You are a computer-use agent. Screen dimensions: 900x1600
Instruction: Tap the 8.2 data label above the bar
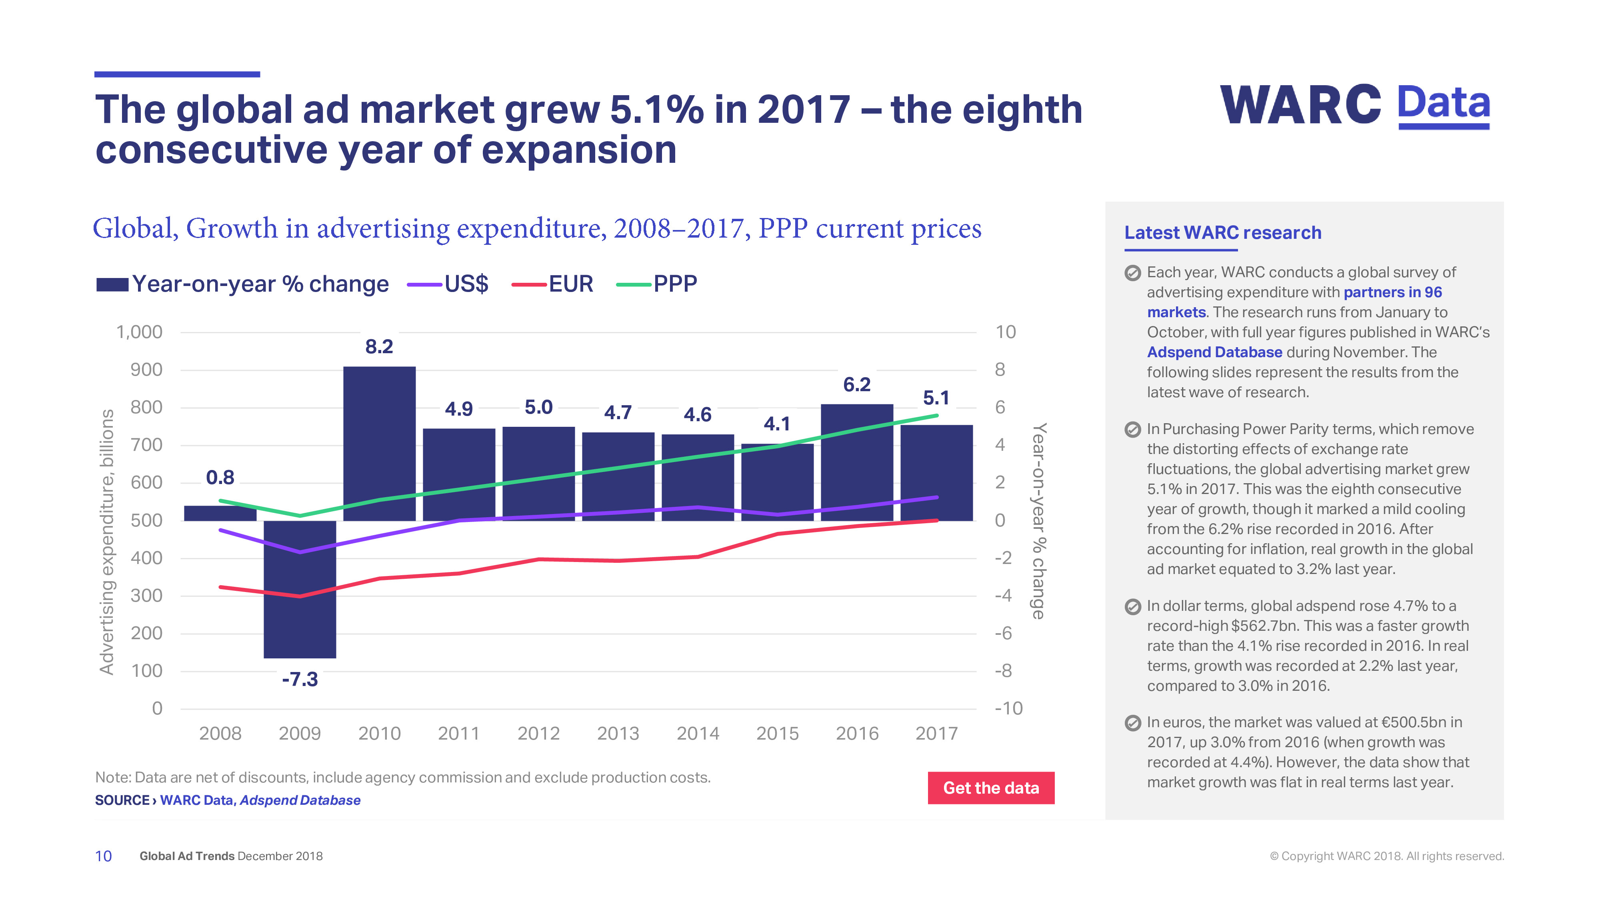(x=379, y=346)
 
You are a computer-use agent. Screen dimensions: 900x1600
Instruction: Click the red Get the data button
(x=991, y=788)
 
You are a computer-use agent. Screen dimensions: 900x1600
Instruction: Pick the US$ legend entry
(x=448, y=284)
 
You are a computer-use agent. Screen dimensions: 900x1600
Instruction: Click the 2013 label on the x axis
(x=618, y=734)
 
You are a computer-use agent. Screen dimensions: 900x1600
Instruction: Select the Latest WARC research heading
(x=1222, y=232)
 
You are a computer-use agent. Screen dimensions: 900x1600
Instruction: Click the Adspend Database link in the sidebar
(x=1214, y=352)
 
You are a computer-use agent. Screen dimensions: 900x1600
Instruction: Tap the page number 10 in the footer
(x=103, y=856)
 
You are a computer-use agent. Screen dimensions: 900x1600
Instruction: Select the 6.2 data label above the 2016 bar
(x=856, y=384)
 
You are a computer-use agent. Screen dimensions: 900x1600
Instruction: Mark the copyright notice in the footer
(x=1386, y=856)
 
